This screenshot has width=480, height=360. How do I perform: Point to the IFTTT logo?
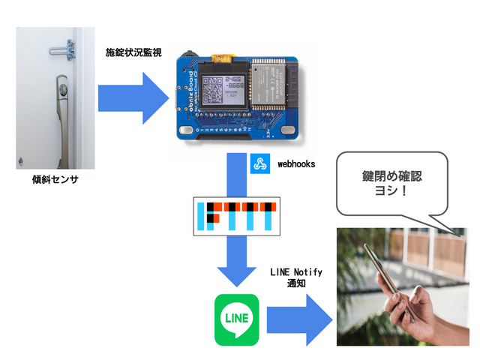click(x=235, y=215)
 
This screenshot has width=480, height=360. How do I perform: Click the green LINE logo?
click(x=236, y=319)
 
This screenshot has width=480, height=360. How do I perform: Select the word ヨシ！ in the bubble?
click(x=391, y=193)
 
